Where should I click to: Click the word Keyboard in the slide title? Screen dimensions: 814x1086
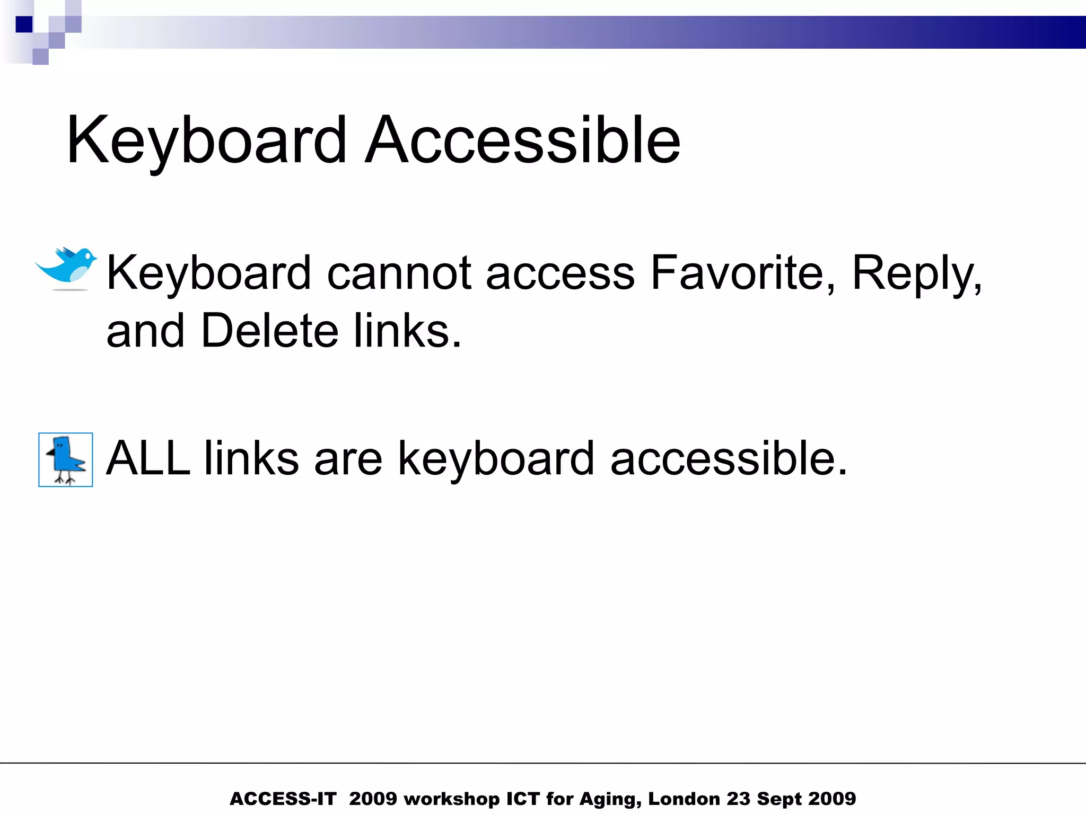pos(207,140)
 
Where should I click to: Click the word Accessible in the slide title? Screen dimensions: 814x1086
pos(522,140)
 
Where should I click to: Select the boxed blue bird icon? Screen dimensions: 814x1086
pos(66,459)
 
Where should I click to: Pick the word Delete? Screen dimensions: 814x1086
pos(270,331)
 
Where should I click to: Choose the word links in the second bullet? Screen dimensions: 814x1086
pos(251,458)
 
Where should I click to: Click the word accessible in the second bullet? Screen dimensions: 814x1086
pos(729,458)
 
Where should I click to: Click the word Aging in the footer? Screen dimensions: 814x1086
pos(610,799)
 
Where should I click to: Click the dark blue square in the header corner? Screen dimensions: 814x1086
pos(24,24)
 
